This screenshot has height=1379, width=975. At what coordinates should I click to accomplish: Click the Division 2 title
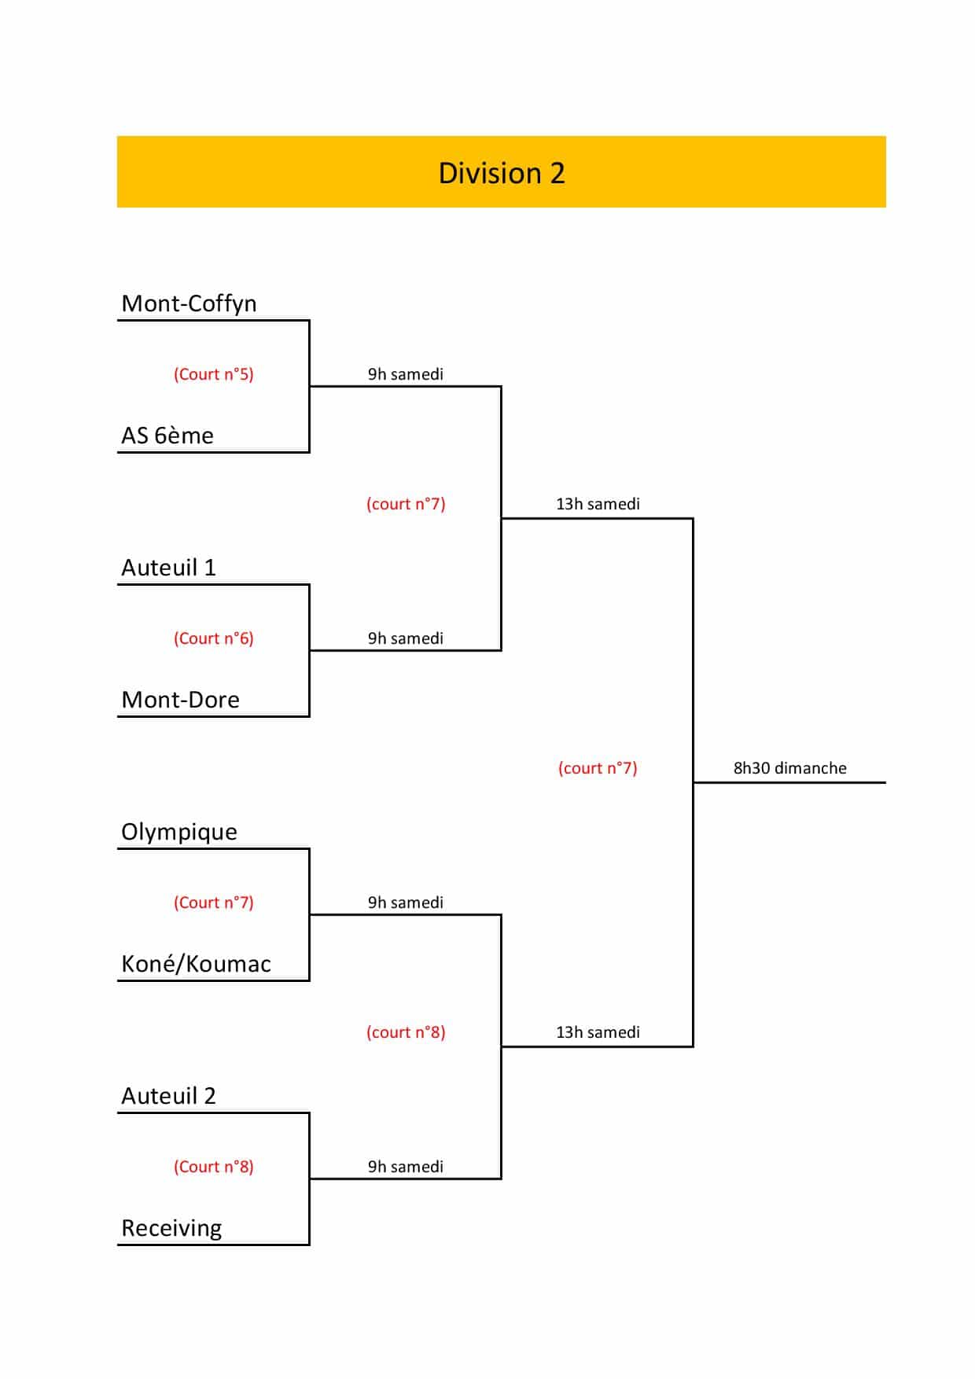coord(502,173)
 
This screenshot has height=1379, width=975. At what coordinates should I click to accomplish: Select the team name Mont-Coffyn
coord(189,303)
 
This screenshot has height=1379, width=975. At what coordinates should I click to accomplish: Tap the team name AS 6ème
coord(167,436)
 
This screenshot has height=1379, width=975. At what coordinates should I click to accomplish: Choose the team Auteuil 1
coord(168,568)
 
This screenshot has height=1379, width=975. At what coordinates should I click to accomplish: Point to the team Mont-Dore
coord(180,700)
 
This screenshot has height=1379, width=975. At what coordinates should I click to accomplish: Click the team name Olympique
coord(179,832)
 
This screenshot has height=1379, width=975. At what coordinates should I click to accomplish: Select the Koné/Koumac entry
coord(196,964)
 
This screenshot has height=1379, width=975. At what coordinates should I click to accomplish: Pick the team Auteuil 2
coord(168,1096)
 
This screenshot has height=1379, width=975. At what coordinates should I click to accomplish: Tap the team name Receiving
coord(171,1228)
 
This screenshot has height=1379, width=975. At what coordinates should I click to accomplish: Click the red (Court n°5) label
coord(214,374)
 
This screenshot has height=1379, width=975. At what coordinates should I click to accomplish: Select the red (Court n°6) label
coord(214,638)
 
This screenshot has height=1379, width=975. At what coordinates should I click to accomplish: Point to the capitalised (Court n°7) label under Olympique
coord(214,903)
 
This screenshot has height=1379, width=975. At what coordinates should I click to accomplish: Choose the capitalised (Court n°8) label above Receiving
coord(214,1167)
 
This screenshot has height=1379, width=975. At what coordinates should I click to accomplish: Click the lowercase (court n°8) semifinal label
coord(406,1032)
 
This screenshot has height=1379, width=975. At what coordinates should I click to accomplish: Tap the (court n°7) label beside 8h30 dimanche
coord(598,768)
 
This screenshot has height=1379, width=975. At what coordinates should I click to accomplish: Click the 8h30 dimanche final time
coord(790,768)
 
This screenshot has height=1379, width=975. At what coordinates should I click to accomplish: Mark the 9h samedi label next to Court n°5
coord(406,374)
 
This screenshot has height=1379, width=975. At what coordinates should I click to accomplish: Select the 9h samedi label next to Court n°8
coord(406,1167)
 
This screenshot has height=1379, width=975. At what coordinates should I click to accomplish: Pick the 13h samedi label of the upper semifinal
coord(598,504)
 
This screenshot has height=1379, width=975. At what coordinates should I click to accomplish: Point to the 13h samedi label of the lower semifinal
coord(598,1032)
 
